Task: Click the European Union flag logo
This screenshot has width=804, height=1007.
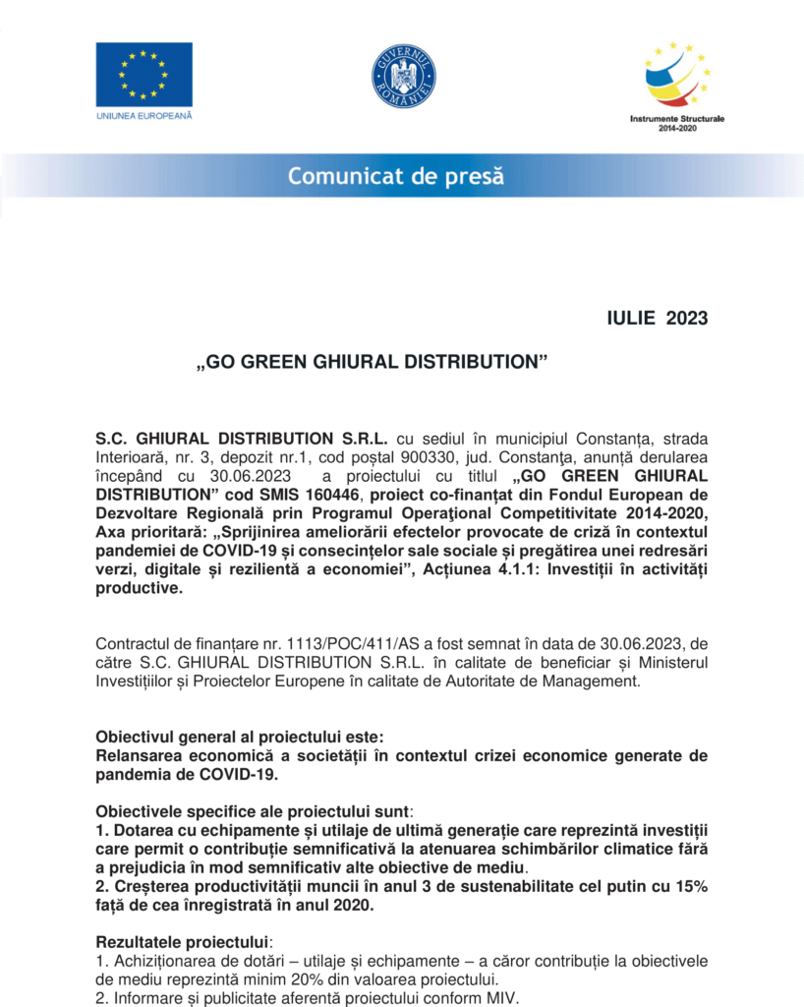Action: click(x=144, y=75)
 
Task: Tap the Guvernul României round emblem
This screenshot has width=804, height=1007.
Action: click(x=403, y=77)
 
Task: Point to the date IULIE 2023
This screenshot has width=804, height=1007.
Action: click(x=658, y=318)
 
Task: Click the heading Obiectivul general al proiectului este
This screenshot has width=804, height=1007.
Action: click(x=234, y=737)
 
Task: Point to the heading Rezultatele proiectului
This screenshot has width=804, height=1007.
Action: click(x=182, y=941)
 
